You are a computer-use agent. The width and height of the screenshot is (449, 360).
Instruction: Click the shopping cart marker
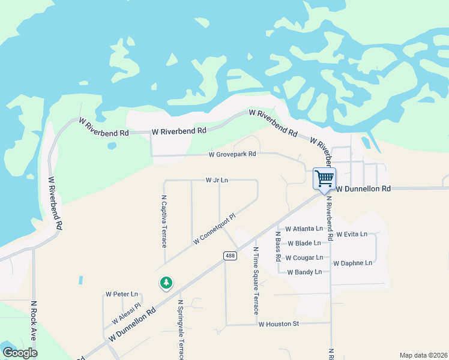click(x=324, y=178)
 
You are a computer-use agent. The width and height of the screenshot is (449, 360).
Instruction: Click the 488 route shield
click(x=230, y=256)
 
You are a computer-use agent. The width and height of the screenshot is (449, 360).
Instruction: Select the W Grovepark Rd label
click(x=232, y=154)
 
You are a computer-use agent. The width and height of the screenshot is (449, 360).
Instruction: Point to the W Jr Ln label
click(x=217, y=179)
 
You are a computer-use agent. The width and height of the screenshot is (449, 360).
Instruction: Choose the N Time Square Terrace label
click(x=256, y=280)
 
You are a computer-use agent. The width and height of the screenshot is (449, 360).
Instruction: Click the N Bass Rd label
click(x=279, y=246)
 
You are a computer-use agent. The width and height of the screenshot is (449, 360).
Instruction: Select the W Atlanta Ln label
click(x=304, y=229)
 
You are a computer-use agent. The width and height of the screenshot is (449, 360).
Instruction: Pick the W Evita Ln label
click(x=352, y=234)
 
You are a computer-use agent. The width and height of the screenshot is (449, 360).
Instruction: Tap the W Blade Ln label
click(x=309, y=244)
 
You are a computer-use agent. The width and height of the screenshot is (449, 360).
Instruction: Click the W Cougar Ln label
click(x=305, y=258)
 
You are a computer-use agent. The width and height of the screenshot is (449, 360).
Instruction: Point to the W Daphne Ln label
click(x=352, y=263)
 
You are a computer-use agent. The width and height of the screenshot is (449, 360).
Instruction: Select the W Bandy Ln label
click(x=304, y=272)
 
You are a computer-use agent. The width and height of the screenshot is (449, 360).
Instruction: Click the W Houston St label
click(x=279, y=324)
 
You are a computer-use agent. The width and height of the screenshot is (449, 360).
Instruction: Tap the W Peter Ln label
click(x=122, y=294)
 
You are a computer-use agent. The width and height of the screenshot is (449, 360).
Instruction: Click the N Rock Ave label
click(x=34, y=320)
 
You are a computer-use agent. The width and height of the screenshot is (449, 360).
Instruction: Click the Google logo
click(x=20, y=353)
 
